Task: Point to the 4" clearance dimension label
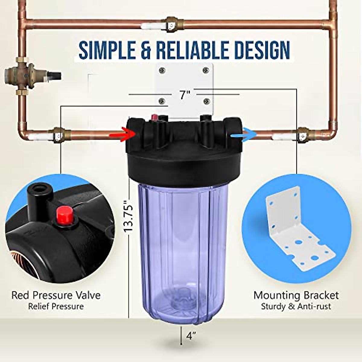pyautogui.click(x=191, y=336)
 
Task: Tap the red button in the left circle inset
pyautogui.click(x=64, y=214)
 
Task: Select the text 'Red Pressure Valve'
pyautogui.click(x=56, y=295)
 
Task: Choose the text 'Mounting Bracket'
pyautogui.click(x=296, y=295)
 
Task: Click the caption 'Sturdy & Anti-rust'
pyautogui.click(x=296, y=306)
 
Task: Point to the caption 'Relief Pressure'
pyautogui.click(x=56, y=306)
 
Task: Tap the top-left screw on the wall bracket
pyautogui.click(x=162, y=70)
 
